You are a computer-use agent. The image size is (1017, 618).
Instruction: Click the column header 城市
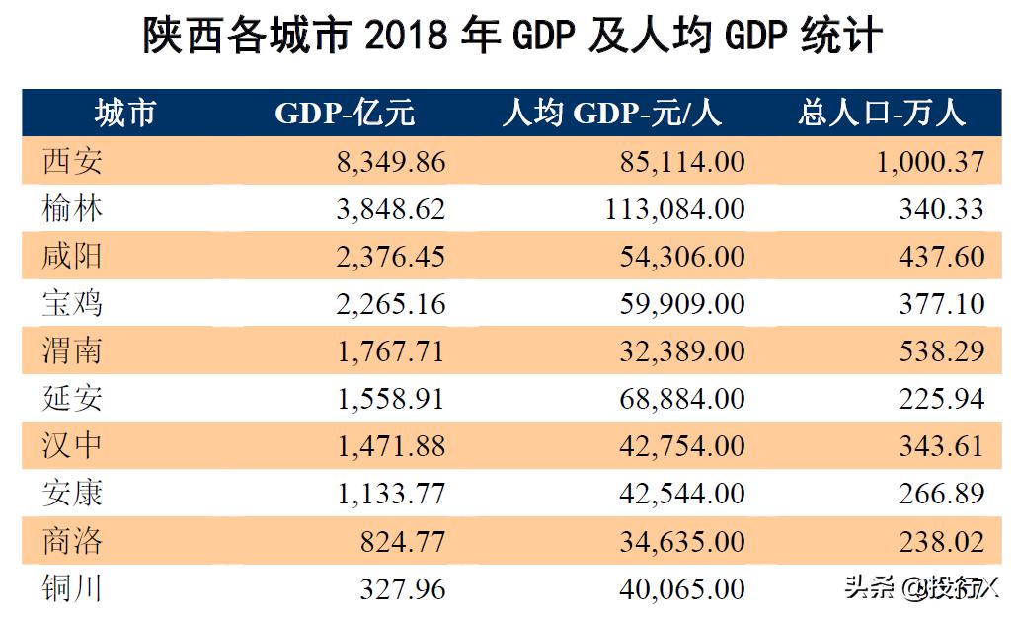124,114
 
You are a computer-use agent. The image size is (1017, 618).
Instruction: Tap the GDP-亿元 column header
345,114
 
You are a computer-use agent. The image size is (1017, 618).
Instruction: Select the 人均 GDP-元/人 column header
612,114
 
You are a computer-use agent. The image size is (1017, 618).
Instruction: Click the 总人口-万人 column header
881,114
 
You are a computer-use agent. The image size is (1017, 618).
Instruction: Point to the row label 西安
72,161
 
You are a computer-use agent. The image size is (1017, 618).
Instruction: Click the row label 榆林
72,208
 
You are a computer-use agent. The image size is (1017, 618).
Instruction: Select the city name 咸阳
72,256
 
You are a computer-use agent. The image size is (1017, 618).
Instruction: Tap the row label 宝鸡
72,303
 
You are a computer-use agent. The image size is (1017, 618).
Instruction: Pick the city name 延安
72,398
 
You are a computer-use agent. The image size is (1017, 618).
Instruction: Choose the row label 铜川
72,588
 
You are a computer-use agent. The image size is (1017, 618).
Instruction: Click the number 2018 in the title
409,39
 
